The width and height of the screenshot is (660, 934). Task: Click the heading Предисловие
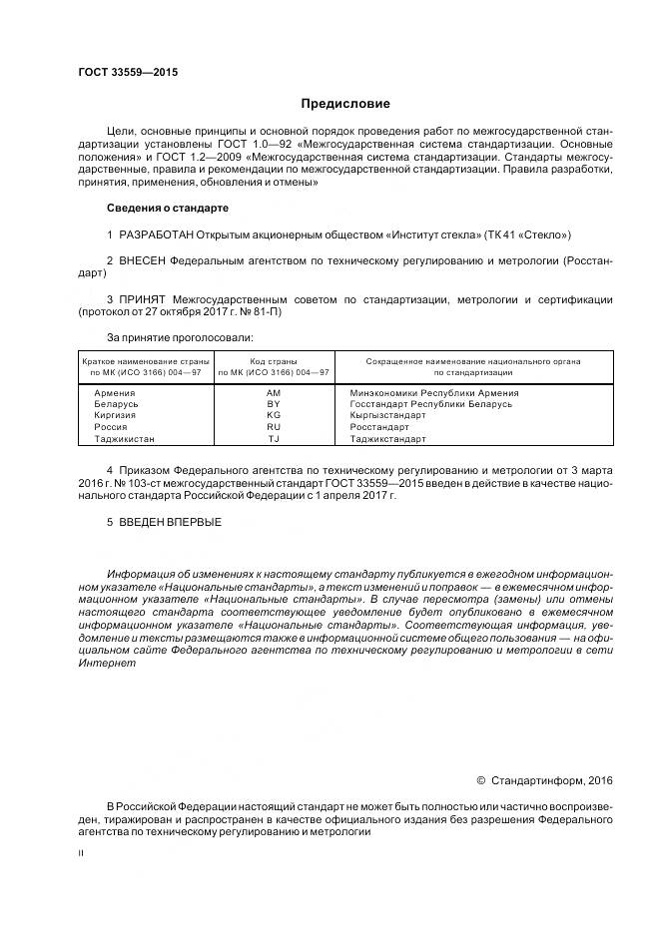[345, 104]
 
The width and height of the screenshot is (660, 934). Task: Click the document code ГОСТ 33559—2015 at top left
[122, 72]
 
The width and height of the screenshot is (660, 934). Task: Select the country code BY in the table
[274, 405]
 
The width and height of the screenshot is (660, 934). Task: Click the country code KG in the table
[274, 416]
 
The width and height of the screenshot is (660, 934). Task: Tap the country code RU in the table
[274, 427]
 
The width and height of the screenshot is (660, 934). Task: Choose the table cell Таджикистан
[125, 438]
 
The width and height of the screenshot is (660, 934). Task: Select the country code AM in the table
[274, 394]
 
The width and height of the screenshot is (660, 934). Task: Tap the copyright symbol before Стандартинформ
[480, 779]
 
